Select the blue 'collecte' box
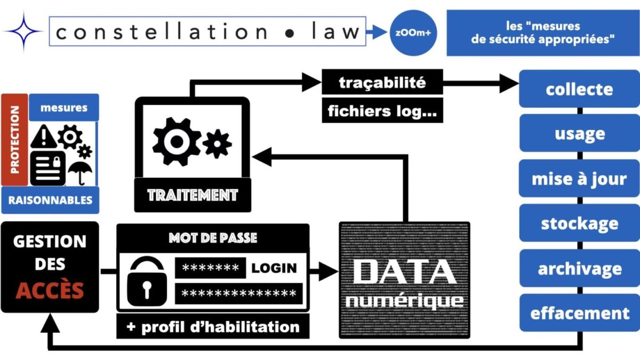coord(579,89)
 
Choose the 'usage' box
coord(579,133)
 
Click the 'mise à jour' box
coord(579,179)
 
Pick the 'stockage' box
coord(579,223)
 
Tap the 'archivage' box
coord(579,268)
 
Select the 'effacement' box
coord(579,313)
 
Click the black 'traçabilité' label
coord(382,83)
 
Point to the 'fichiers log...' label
coord(382,111)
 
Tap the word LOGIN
coord(274,268)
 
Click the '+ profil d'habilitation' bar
coord(212,326)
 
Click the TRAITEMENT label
coord(192,195)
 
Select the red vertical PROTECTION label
coord(15,140)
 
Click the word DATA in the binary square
coord(404,272)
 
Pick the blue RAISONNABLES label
coord(50,201)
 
